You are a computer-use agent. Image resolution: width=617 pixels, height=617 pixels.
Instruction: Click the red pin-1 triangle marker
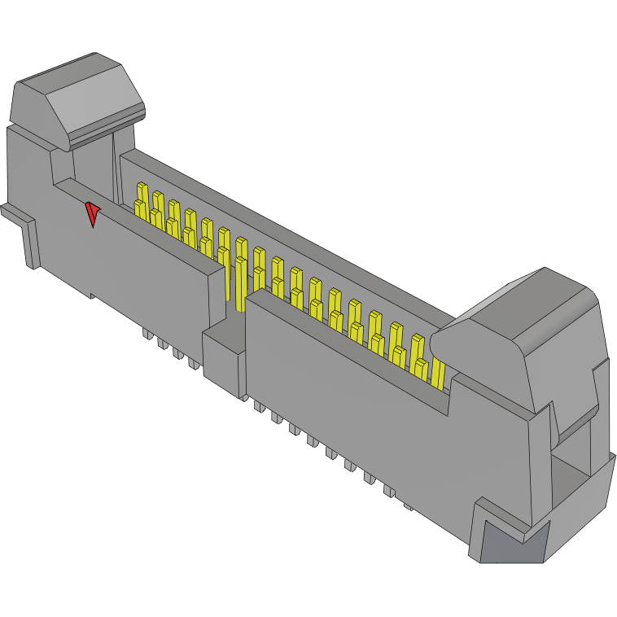pos(93,214)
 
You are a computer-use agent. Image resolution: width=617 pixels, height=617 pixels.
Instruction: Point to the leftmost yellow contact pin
pos(140,200)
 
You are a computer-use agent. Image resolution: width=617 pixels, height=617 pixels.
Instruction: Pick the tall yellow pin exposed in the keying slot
pos(240,277)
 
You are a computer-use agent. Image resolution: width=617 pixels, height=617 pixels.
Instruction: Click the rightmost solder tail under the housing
pos(409,507)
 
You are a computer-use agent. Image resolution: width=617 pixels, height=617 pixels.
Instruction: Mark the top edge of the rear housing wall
pos(285,228)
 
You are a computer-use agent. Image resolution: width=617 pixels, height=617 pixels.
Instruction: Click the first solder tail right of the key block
pos(258,405)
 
